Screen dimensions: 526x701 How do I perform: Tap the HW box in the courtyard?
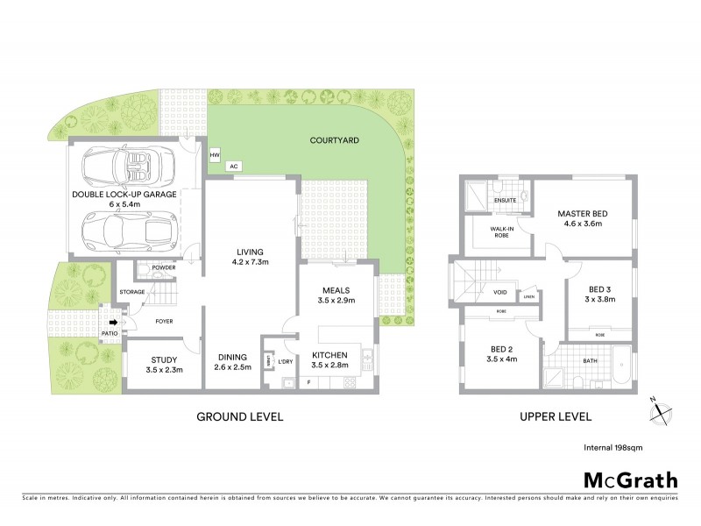[x=215, y=155]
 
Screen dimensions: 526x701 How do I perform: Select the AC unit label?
[x=233, y=166]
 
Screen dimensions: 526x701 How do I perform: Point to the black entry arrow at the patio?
[x=123, y=322]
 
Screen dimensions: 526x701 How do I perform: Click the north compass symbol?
[x=662, y=409]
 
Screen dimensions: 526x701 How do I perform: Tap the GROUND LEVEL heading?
[x=239, y=416]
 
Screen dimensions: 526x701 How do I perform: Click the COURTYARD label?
[x=336, y=140]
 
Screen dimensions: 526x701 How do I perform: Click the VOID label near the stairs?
[x=500, y=294]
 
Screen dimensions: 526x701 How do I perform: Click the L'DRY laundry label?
[x=285, y=361]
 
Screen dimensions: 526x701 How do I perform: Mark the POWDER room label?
[x=163, y=267]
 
